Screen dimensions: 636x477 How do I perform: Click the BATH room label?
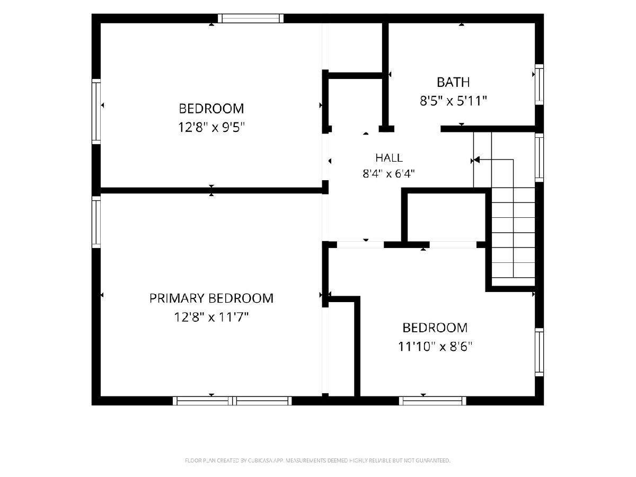pos(453,82)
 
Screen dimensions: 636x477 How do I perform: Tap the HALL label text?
pos(389,158)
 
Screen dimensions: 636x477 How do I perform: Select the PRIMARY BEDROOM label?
pos(211,298)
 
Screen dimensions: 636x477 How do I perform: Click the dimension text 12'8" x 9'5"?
pos(211,127)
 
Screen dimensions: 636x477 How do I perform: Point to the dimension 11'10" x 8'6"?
pos(435,347)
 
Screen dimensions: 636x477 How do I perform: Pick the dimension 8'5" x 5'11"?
pos(453,101)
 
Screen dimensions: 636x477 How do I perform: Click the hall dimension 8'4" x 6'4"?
pos(388,174)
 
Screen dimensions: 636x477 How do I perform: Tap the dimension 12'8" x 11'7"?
pos(211,317)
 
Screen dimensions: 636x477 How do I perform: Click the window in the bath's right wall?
pos(539,84)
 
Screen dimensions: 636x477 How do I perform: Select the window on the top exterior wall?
pos(251,18)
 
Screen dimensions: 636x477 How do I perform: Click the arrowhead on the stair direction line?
pos(476,160)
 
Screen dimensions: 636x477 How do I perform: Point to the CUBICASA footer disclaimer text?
pos(317,460)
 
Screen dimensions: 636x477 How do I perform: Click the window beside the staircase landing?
pos(539,157)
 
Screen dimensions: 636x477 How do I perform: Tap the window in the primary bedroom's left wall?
pos(96,222)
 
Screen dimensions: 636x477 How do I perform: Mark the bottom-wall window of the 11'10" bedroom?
pos(432,401)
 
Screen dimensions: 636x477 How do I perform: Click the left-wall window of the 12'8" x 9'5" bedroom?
pos(96,111)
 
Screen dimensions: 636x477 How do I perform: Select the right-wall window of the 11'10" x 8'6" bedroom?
pos(539,352)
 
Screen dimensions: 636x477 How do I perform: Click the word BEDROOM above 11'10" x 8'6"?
pos(435,328)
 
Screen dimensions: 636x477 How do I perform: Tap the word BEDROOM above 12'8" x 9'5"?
pos(211,109)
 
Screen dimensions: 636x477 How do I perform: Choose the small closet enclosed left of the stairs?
pos(446,217)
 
